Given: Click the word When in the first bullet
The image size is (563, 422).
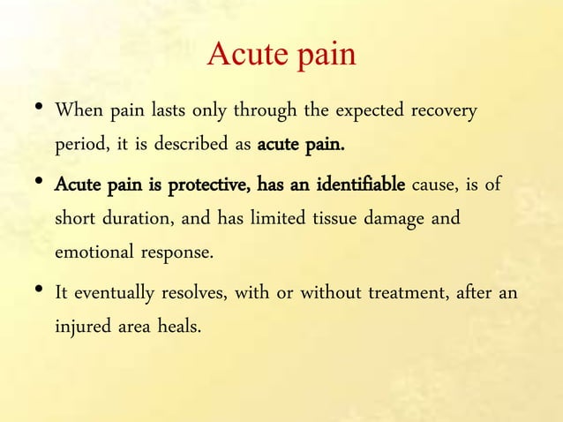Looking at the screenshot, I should (x=76, y=113).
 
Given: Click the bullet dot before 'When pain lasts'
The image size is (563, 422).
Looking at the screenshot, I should (x=33, y=109).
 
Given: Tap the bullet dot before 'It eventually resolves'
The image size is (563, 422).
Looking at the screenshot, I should (x=33, y=290).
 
